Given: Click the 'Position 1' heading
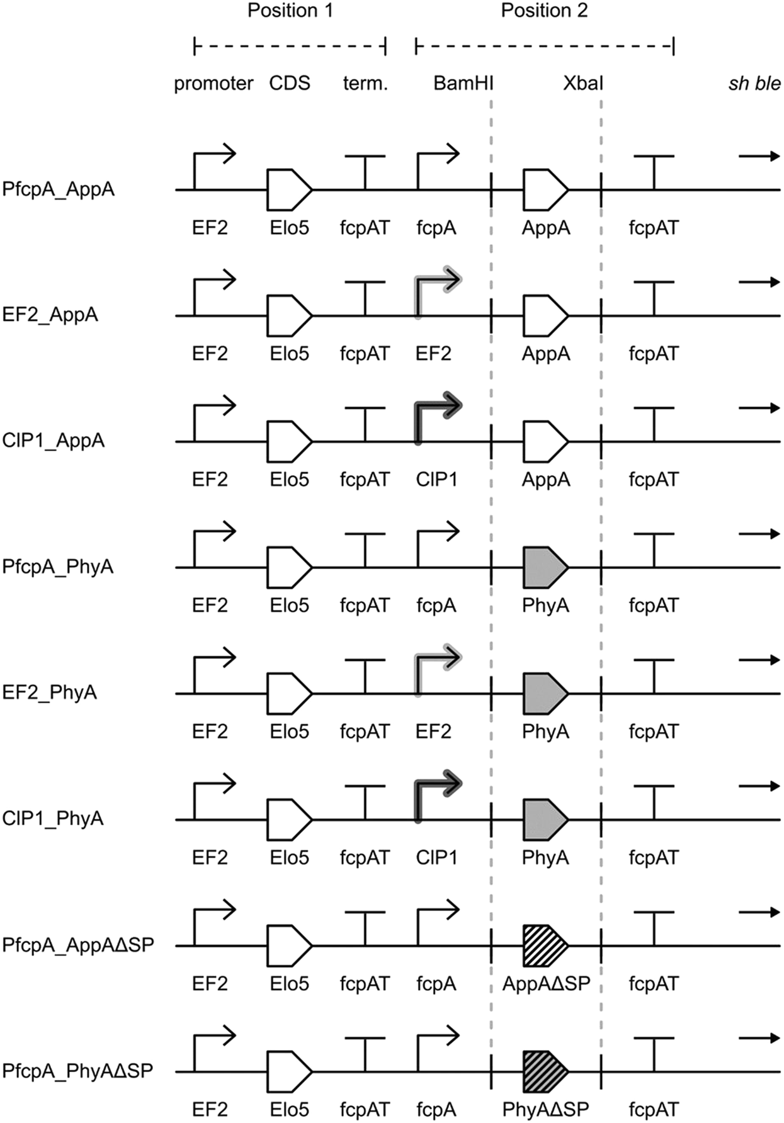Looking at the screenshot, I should pos(290,11).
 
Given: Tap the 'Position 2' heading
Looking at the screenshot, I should pos(544,11).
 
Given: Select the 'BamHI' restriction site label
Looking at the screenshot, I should pos(463,84).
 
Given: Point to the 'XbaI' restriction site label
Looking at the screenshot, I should pos(582,84).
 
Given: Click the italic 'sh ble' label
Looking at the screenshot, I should pos(754,84).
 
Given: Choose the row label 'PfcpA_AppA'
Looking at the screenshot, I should pos(59,189).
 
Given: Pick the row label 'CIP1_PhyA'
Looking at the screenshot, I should pos(53,819).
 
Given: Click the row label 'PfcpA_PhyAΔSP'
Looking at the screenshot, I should pos(77,1071).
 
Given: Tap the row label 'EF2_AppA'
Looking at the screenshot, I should pos(50,315).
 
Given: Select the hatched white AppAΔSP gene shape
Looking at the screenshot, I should pos(543,945).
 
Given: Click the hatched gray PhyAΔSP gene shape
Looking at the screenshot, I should pos(543,1071).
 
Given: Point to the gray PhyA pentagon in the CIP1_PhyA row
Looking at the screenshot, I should pos(543,820).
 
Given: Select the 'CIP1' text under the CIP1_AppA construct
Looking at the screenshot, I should pos(436,480).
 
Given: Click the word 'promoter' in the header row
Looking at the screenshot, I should pos(213,84).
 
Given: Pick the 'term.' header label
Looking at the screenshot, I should pos(365,84).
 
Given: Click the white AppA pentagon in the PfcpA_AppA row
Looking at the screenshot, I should pos(543,189).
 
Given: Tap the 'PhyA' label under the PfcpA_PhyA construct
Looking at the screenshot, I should pos(545,606).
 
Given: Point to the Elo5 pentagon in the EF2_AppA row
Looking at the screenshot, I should pos(288,315).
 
